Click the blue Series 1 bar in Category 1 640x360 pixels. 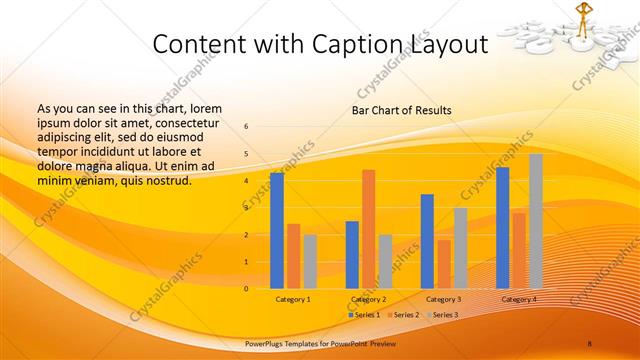277,231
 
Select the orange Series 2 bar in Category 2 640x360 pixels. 369,229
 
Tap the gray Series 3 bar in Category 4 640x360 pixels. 536,221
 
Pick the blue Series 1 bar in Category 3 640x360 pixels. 427,241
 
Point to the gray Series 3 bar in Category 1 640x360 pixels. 310,261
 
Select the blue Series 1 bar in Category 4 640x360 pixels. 503,228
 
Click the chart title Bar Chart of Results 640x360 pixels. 401,110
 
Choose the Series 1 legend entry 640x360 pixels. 364,315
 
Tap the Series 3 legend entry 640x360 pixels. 441,315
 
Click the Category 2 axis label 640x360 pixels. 369,299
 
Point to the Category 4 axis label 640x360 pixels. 519,299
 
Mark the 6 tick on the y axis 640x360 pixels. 247,127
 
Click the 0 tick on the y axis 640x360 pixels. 247,289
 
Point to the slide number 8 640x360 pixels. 590,343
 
